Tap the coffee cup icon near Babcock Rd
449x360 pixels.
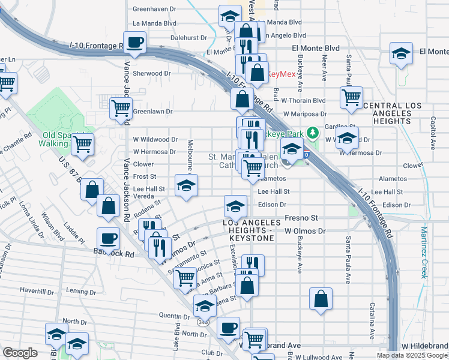pyautogui.click(x=108, y=238)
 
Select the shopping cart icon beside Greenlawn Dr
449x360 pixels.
pyautogui.click(x=121, y=108)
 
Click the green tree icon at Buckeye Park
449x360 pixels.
pyautogui.click(x=312, y=131)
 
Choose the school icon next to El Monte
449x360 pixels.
pyautogui.click(x=401, y=54)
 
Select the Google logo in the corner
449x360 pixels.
pyautogui.click(x=20, y=352)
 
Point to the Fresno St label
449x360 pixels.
pyautogui.click(x=301, y=218)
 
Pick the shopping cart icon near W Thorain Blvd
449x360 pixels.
pyautogui.click(x=351, y=96)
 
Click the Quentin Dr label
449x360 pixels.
pyautogui.click(x=174, y=315)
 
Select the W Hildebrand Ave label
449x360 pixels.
pyautogui.click(x=425, y=346)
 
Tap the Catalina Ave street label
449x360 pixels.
pyautogui.click(x=372, y=322)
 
